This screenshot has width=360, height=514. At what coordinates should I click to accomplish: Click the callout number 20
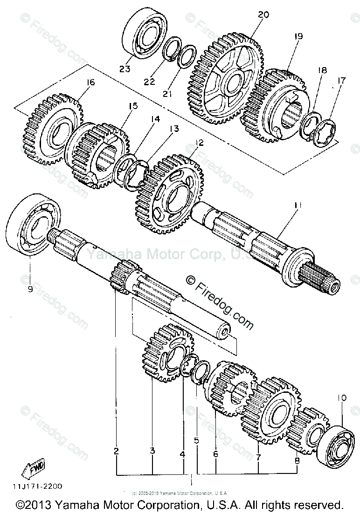coord(263,15)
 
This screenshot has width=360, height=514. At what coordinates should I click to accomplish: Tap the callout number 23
coord(124,69)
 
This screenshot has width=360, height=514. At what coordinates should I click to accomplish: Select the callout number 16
coord(90,82)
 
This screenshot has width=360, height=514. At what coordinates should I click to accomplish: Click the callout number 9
coord(30,289)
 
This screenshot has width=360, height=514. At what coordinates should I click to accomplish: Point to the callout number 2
coord(116,451)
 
